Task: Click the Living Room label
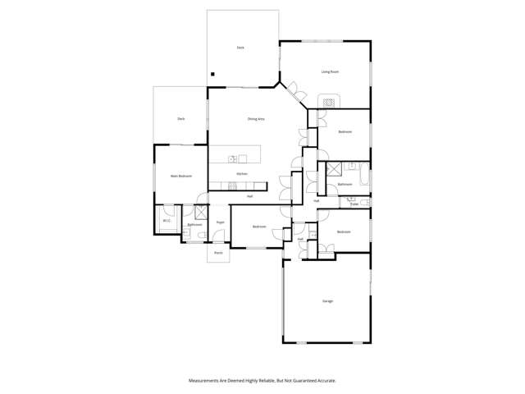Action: (330, 72)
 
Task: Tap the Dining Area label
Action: (256, 119)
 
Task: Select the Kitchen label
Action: (242, 174)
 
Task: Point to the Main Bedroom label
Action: (181, 176)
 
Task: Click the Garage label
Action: (327, 301)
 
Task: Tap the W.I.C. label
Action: (167, 220)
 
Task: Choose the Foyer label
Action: (221, 222)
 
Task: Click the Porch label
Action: (219, 253)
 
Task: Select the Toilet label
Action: (354, 204)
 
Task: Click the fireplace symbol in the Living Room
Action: (328, 103)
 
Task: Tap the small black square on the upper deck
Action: (213, 75)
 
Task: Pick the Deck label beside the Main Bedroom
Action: (181, 119)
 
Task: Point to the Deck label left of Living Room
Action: (240, 48)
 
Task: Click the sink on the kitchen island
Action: (233, 159)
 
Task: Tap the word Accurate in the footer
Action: (324, 381)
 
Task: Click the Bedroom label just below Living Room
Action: (345, 132)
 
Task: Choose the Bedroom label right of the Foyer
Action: (259, 227)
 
